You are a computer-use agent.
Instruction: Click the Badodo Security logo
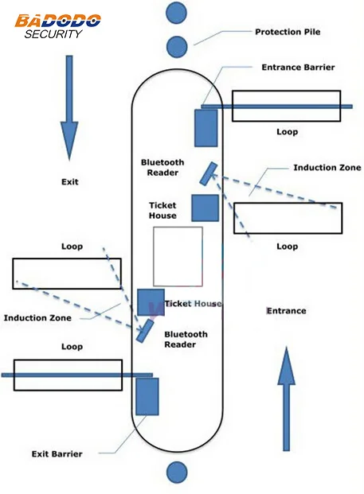[57, 26]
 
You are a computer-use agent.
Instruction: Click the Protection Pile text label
[288, 32]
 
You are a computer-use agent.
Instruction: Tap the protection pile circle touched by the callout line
[177, 47]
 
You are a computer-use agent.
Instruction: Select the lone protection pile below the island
[177, 473]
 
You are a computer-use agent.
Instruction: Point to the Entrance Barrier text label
[298, 68]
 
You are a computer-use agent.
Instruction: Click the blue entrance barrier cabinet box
[206, 128]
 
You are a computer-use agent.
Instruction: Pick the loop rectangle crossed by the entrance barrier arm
[287, 106]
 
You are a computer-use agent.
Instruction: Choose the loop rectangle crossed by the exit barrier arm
[68, 375]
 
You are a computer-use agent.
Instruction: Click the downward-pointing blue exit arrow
[69, 107]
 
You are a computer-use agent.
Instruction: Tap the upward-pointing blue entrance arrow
[287, 399]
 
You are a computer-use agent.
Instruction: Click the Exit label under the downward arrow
[70, 182]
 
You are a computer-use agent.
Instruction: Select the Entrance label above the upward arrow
[287, 311]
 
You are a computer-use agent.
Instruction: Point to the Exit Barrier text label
[57, 454]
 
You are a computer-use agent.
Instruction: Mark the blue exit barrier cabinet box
[147, 396]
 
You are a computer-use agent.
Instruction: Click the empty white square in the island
[178, 256]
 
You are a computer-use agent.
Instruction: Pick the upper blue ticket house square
[205, 208]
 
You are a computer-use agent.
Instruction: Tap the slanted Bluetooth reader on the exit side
[145, 331]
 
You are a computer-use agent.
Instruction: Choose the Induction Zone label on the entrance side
[327, 168]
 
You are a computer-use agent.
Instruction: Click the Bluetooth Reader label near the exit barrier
[186, 340]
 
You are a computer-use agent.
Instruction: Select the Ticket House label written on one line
[193, 304]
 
